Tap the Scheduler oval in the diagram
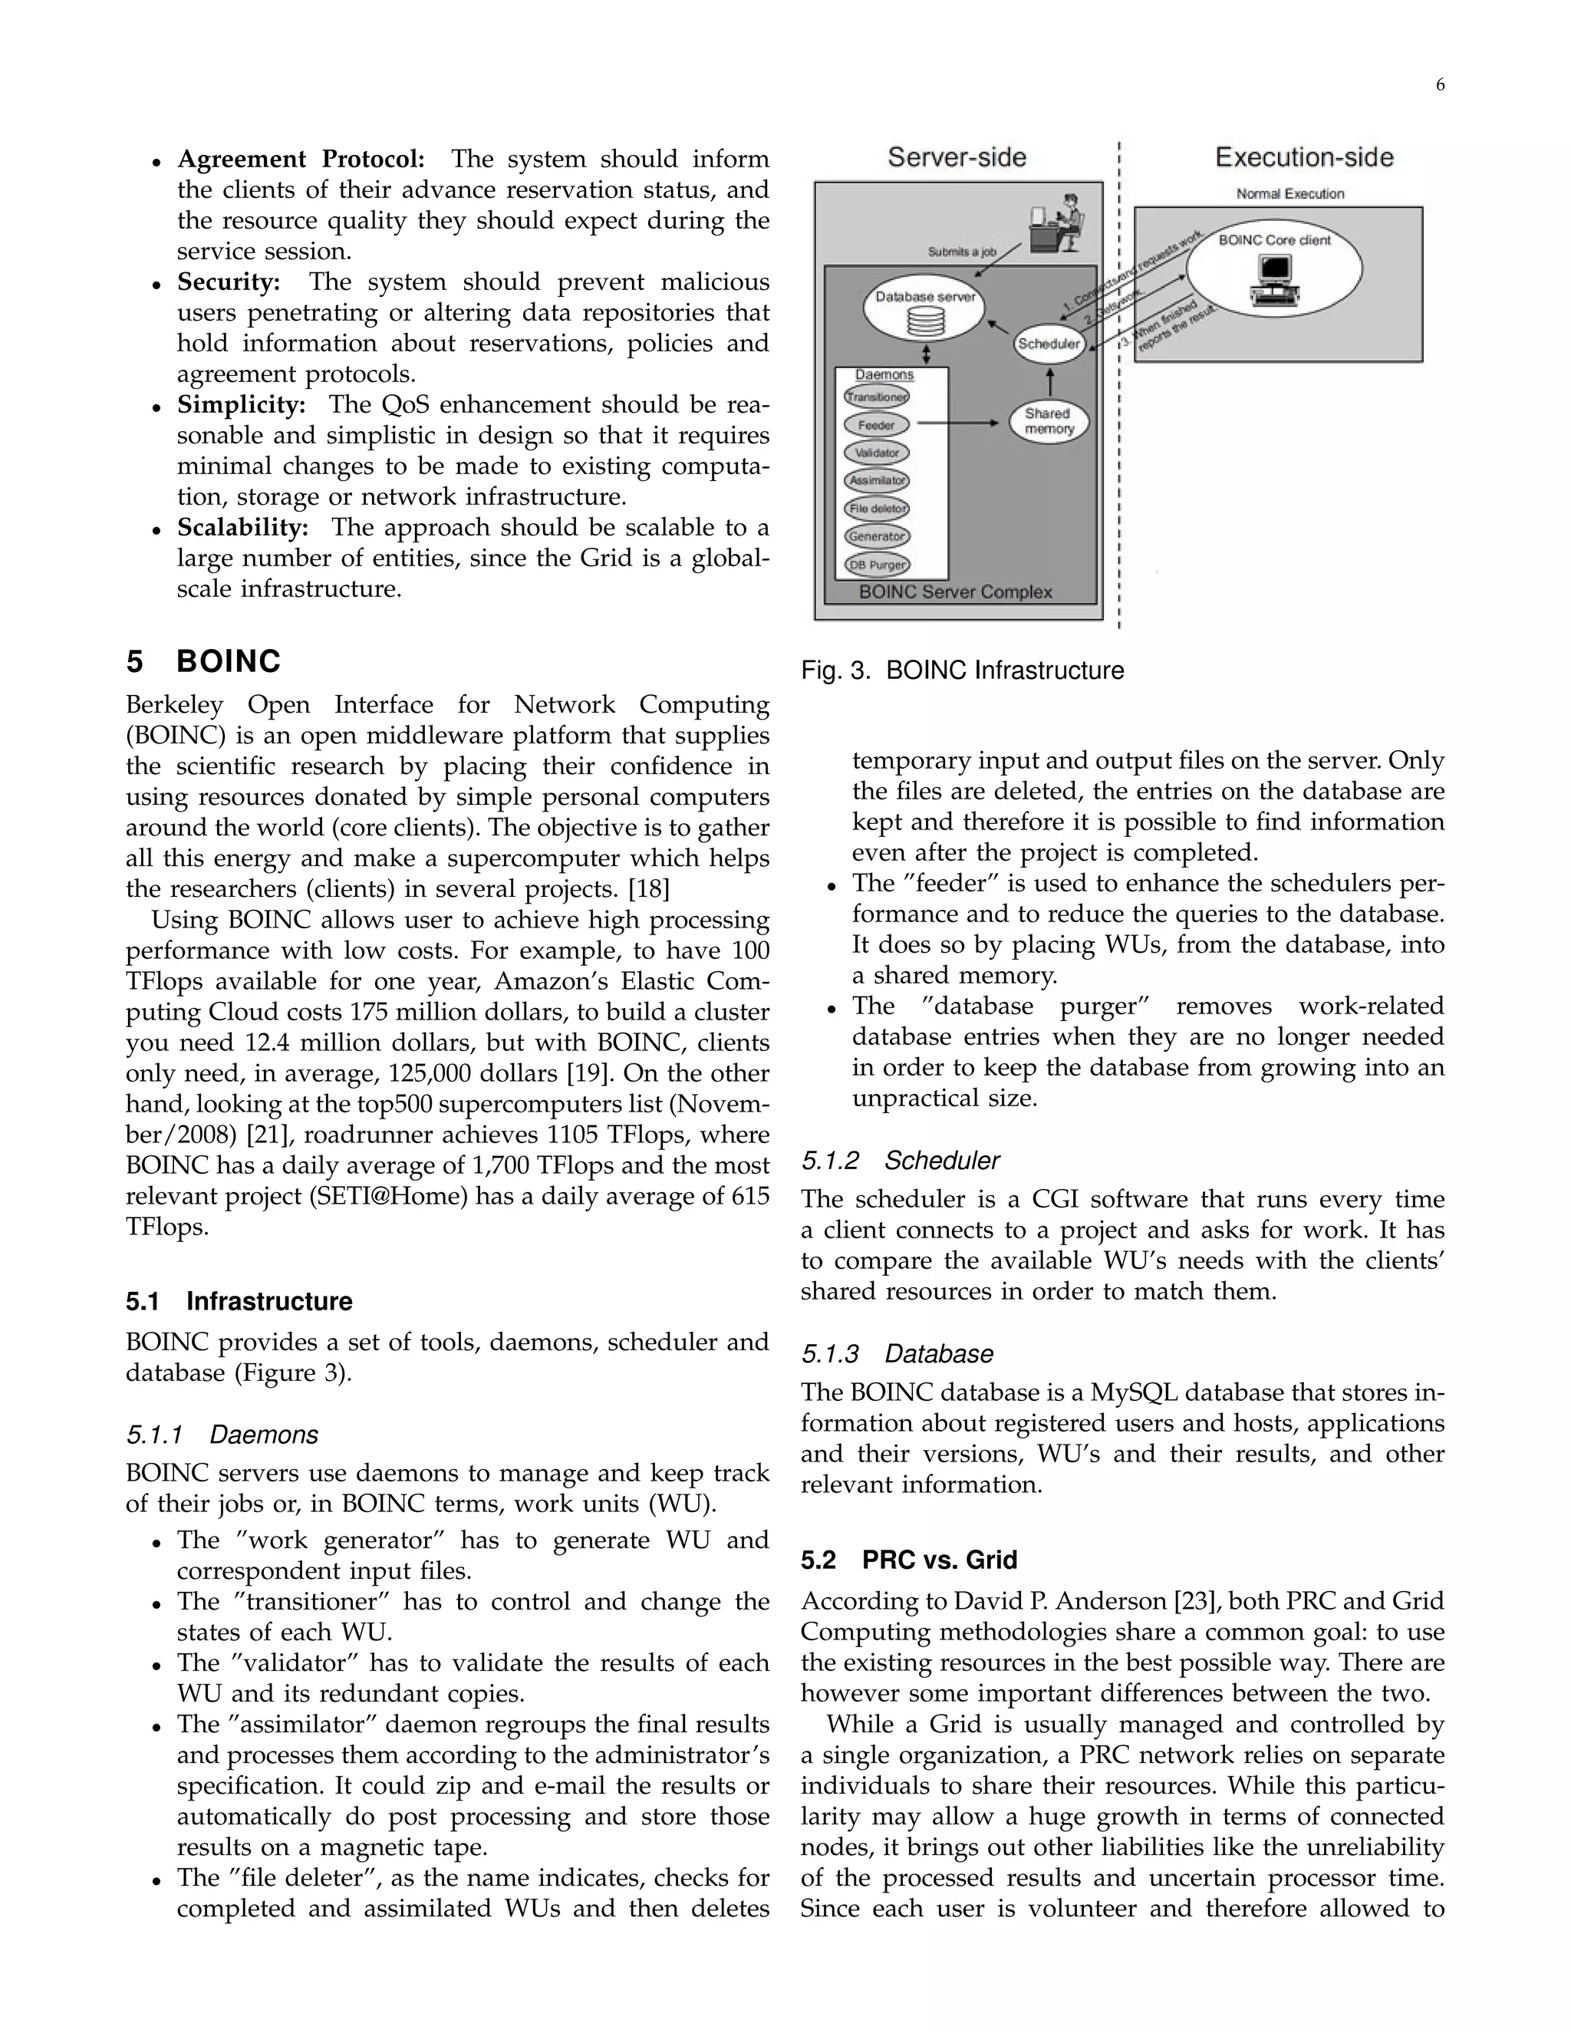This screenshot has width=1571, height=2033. [x=1049, y=344]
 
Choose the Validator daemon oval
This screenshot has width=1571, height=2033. [x=877, y=453]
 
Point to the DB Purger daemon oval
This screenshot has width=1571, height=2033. [x=877, y=564]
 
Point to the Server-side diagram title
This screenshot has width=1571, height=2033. [x=957, y=157]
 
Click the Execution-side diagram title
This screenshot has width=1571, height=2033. [x=1304, y=157]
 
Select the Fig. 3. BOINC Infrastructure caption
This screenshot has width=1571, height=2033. [x=963, y=671]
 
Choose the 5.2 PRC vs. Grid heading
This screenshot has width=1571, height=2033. [x=908, y=1560]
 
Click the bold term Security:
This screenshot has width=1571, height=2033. [x=229, y=282]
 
